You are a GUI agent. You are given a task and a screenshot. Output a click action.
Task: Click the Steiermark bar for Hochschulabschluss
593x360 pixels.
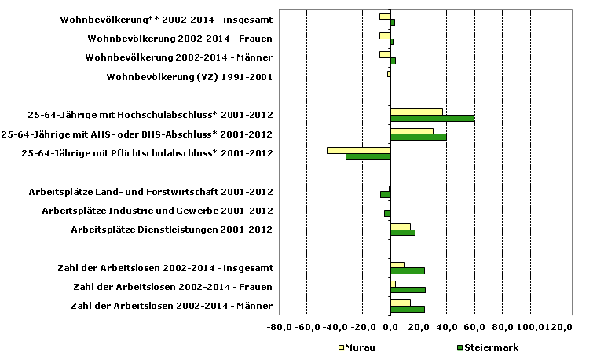point(432,119)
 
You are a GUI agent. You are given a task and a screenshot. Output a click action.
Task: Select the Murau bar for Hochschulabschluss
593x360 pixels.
point(416,112)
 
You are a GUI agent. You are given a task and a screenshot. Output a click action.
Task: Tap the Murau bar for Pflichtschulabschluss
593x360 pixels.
point(358,149)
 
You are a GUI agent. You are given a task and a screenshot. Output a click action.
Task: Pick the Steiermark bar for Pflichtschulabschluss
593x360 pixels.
point(368,156)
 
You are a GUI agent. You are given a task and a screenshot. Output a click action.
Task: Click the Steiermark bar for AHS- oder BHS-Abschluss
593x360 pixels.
point(418,138)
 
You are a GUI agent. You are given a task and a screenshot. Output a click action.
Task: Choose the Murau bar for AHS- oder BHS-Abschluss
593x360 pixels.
point(412,130)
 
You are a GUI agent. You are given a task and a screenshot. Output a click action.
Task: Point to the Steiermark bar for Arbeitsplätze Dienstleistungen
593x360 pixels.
point(402,233)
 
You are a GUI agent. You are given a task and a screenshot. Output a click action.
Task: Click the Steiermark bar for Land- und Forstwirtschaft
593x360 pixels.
point(386,194)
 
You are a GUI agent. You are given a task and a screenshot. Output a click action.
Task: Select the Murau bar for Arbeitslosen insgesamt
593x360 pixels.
point(397,264)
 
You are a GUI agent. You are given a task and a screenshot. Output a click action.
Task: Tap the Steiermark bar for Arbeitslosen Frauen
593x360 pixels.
point(408,290)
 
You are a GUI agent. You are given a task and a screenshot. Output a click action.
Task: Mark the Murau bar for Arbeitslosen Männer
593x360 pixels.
point(400,303)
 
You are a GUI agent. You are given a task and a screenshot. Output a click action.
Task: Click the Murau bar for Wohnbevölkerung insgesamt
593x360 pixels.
point(385,16)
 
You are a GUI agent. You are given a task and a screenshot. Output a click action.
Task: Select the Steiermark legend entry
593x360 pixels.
point(486,347)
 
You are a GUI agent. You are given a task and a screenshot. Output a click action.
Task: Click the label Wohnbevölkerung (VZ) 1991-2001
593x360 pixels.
point(189,77)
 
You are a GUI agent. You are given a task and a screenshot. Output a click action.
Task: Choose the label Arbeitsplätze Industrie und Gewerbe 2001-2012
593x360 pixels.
point(156,211)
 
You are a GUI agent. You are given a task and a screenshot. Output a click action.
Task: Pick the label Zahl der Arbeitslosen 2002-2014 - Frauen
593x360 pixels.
point(172,287)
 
